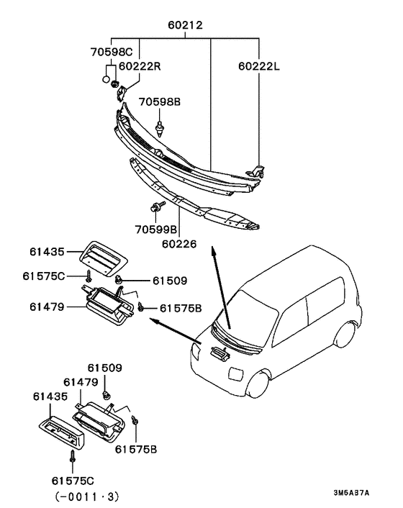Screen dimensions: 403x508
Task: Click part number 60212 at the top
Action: pyautogui.click(x=185, y=25)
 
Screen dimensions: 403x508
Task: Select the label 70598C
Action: pyautogui.click(x=112, y=52)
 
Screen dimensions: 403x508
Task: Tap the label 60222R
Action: pyautogui.click(x=140, y=66)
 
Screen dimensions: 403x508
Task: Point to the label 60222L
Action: pyautogui.click(x=259, y=66)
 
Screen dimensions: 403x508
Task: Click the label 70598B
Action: pyautogui.click(x=160, y=101)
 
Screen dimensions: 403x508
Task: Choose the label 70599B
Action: pyautogui.click(x=156, y=230)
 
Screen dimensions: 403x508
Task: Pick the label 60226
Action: pyautogui.click(x=179, y=244)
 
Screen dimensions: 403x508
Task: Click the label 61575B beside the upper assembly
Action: pyautogui.click(x=181, y=308)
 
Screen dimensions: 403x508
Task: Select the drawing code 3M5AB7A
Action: pyautogui.click(x=351, y=493)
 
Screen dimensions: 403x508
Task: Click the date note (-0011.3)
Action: pyautogui.click(x=87, y=496)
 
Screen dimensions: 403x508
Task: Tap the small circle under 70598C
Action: pyautogui.click(x=106, y=79)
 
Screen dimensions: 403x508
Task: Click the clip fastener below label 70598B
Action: pyautogui.click(x=159, y=129)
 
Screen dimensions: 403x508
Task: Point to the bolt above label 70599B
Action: pyautogui.click(x=158, y=206)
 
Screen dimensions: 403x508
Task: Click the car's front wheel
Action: pyautogui.click(x=258, y=384)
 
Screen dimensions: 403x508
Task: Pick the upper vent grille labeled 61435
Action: pyautogui.click(x=104, y=258)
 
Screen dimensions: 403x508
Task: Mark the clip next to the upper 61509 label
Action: pyautogui.click(x=119, y=278)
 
